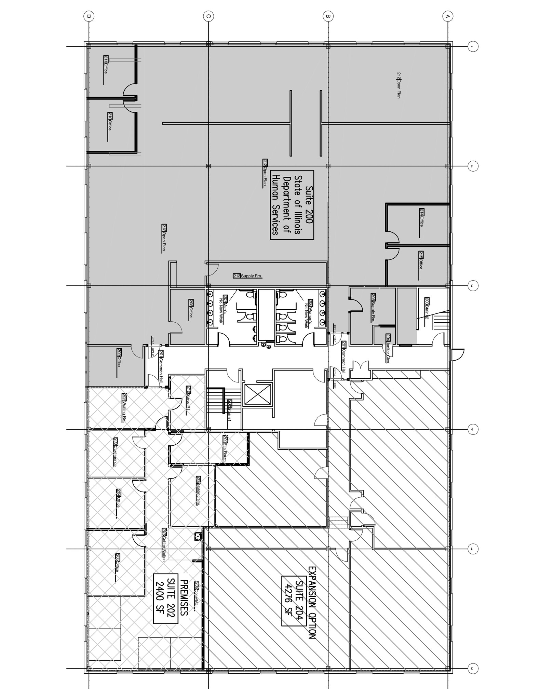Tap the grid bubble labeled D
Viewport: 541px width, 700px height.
(89, 16)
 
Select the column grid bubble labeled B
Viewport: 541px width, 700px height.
(328, 16)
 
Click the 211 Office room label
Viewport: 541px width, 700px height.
(106, 65)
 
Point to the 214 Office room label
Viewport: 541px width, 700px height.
(421, 218)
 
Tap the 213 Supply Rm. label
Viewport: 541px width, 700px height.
(248, 276)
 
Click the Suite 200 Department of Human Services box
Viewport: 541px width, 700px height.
(292, 205)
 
